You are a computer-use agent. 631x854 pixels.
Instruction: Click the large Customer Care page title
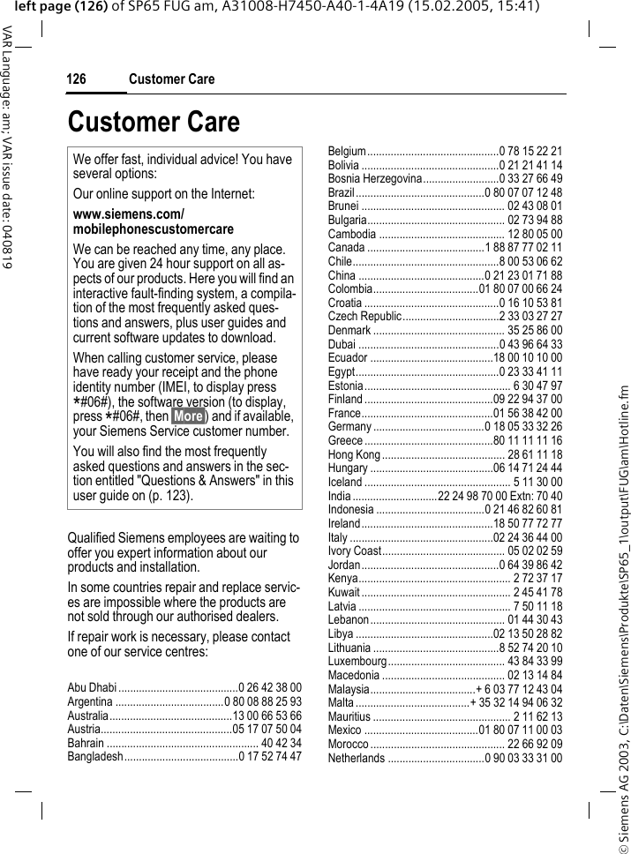(153, 122)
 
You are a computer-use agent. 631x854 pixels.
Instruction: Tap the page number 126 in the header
(77, 79)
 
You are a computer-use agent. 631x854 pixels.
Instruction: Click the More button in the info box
(188, 416)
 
